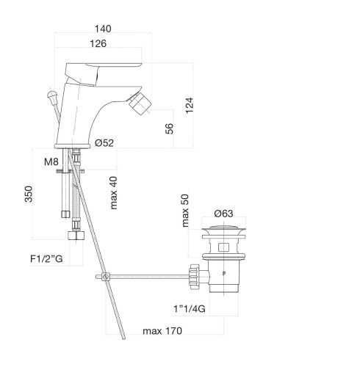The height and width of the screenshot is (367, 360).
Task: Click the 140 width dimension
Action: point(103,29)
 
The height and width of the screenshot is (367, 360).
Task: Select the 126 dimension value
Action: point(98,43)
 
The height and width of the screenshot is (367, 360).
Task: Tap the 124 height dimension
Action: point(190,105)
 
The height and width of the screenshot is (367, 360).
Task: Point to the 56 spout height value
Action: point(169,128)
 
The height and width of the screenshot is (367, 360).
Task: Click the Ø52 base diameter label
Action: point(104,143)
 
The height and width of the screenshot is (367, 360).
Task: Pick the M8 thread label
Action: point(51,161)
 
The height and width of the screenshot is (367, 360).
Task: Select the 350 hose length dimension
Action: point(29,194)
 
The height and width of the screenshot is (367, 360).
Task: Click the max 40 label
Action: point(114,193)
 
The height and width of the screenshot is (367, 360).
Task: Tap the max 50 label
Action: point(185,211)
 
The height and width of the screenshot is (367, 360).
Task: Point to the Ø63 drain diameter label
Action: point(223,214)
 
